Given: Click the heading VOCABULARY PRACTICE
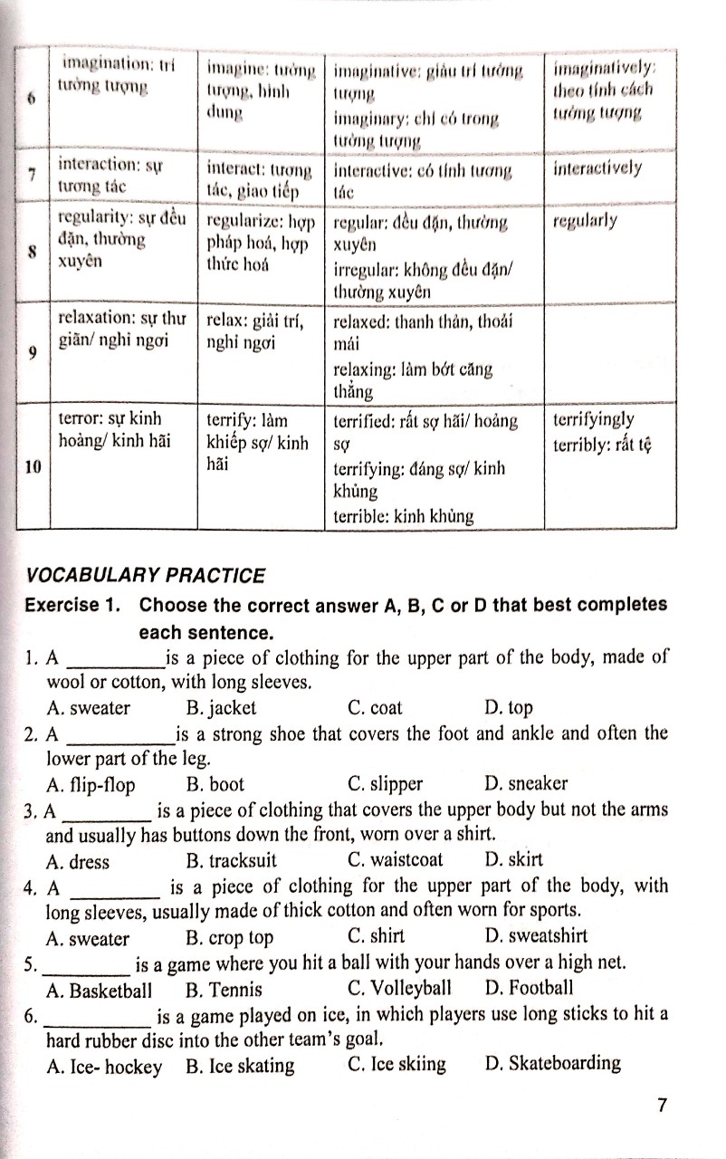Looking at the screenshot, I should pyautogui.click(x=147, y=576).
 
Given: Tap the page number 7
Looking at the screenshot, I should pyautogui.click(x=662, y=1106).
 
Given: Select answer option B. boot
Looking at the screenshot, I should pyautogui.click(x=215, y=784).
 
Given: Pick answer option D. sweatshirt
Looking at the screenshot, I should pyautogui.click(x=536, y=936).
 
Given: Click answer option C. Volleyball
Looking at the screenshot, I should pyautogui.click(x=398, y=988).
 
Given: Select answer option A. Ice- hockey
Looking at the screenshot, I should pyautogui.click(x=104, y=1066).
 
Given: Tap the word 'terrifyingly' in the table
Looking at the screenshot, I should pyautogui.click(x=594, y=420).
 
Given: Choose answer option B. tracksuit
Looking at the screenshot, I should pyautogui.click(x=231, y=860).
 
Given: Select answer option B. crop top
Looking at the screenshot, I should pyautogui.click(x=229, y=937).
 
